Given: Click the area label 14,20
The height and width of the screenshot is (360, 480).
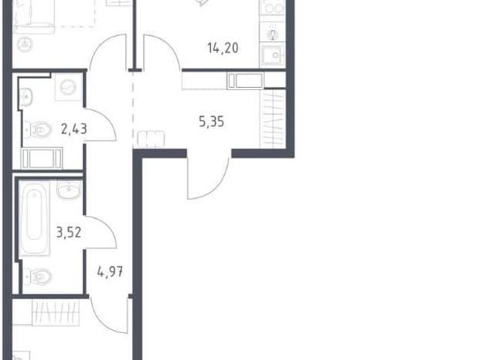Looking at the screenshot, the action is pyautogui.click(x=223, y=48).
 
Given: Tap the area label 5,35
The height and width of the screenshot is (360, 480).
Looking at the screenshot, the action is pyautogui.click(x=211, y=121).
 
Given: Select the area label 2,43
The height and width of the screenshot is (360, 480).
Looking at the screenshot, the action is pyautogui.click(x=74, y=129).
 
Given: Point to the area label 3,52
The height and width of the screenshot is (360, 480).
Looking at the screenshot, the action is pyautogui.click(x=69, y=232).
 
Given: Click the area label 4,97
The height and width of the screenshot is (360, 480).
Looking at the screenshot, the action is pyautogui.click(x=110, y=271).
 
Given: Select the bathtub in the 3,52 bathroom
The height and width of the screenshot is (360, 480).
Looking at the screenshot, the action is pyautogui.click(x=34, y=217).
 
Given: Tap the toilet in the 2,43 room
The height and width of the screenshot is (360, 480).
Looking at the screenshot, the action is pyautogui.click(x=37, y=130).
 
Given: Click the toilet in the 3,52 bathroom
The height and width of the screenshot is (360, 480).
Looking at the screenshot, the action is pyautogui.click(x=37, y=277).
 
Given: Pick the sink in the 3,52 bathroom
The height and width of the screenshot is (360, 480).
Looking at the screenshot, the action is pyautogui.click(x=69, y=190).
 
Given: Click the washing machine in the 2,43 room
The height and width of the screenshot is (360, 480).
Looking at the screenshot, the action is pyautogui.click(x=68, y=87).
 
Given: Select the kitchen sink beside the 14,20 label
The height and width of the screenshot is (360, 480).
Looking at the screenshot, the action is pyautogui.click(x=272, y=55).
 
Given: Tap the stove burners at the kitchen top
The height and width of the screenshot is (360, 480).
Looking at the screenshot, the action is pyautogui.click(x=272, y=7).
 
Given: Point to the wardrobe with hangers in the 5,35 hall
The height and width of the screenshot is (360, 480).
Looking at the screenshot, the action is pyautogui.click(x=273, y=118).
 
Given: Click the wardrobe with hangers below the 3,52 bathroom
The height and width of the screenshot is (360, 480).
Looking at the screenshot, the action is pyautogui.click(x=55, y=313).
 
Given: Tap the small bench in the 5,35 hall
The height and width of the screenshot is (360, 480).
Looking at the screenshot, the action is pyautogui.click(x=151, y=139).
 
